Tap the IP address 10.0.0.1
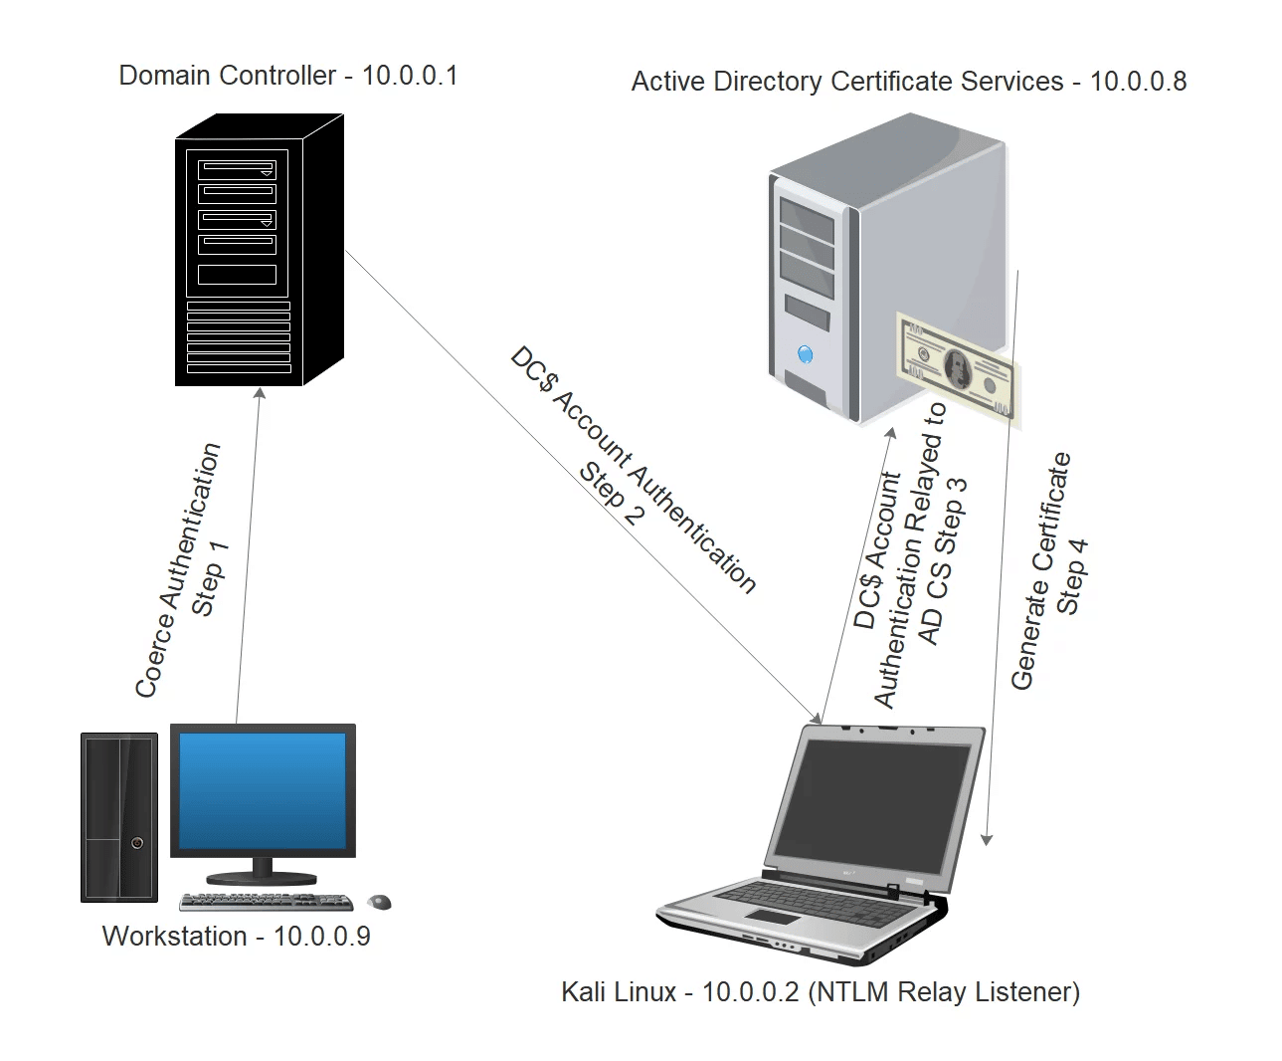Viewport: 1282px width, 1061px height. (x=410, y=76)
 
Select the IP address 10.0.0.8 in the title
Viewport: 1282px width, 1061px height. (x=1138, y=82)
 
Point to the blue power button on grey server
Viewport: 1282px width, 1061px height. (x=805, y=354)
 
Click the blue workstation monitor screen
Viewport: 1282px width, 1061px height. (x=263, y=789)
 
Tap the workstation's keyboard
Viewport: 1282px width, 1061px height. (x=266, y=902)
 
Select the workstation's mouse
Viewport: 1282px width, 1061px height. (x=380, y=902)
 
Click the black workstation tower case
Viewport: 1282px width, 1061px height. (x=119, y=817)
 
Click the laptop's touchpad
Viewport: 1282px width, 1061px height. (x=771, y=916)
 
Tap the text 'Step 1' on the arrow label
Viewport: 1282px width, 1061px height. (x=210, y=577)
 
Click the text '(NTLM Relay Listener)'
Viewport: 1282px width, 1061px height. (x=944, y=991)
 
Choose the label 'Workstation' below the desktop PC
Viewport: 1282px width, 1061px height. (x=174, y=937)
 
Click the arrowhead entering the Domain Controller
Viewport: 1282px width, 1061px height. (x=261, y=392)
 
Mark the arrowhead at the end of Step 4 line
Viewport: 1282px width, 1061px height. (x=986, y=839)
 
